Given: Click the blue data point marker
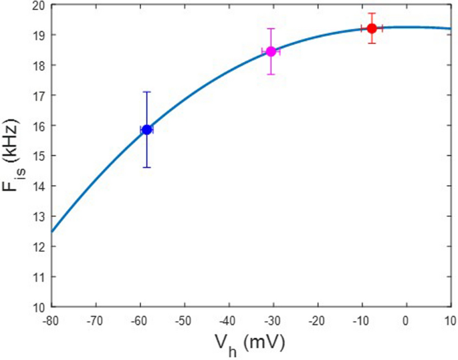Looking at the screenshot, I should (146, 130).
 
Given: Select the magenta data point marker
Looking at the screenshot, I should (271, 51).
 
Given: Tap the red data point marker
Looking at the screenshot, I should (372, 28).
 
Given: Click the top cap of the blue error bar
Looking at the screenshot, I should (146, 92).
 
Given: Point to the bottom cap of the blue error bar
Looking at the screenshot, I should (146, 167).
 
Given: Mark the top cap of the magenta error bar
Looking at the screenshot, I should (271, 29).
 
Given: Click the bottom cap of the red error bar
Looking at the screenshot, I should (372, 43).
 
